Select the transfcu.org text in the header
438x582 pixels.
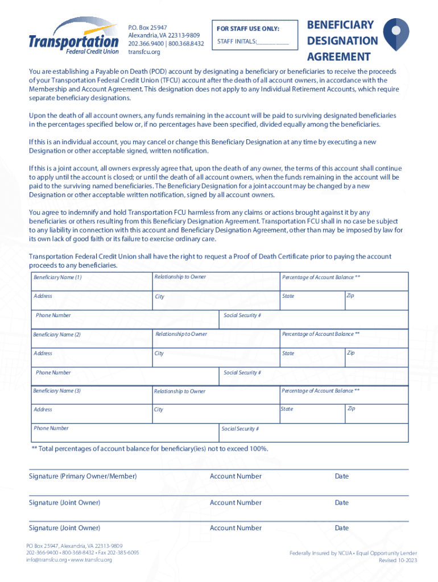pyautogui.click(x=144, y=52)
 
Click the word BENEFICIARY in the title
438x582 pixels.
pyautogui.click(x=340, y=25)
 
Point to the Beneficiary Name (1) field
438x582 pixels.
pyautogui.click(x=91, y=281)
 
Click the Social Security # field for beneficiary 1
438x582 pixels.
pyautogui.click(x=313, y=319)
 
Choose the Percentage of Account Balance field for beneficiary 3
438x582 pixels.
pyautogui.click(x=344, y=394)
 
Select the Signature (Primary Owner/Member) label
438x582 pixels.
pyautogui.click(x=82, y=476)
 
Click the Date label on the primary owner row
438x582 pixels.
pyautogui.click(x=342, y=476)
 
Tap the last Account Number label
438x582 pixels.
pyautogui.click(x=235, y=528)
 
